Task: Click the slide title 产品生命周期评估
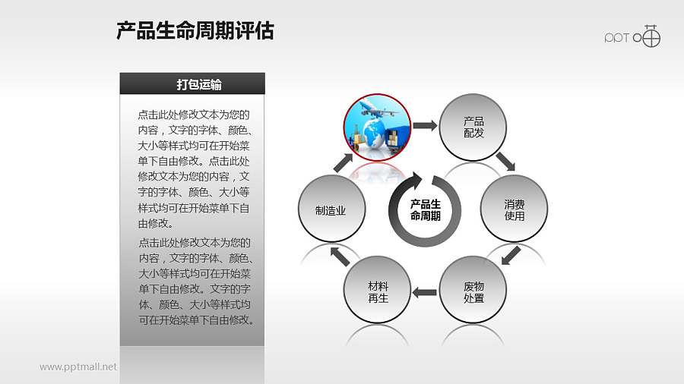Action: click(195, 31)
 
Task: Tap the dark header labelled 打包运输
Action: click(192, 83)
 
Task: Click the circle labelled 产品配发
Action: click(473, 127)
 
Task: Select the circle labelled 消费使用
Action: click(514, 210)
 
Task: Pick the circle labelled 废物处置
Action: click(473, 291)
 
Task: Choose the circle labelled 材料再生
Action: click(378, 291)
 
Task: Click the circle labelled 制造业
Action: click(331, 210)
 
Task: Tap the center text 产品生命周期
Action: click(425, 210)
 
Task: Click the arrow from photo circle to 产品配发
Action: click(426, 125)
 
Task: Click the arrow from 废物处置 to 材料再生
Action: click(425, 292)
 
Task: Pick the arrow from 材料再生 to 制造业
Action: click(339, 256)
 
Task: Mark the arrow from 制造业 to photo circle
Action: click(343, 162)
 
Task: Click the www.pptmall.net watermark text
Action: click(78, 367)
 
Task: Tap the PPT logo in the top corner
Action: click(632, 36)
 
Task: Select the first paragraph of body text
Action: click(194, 169)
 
